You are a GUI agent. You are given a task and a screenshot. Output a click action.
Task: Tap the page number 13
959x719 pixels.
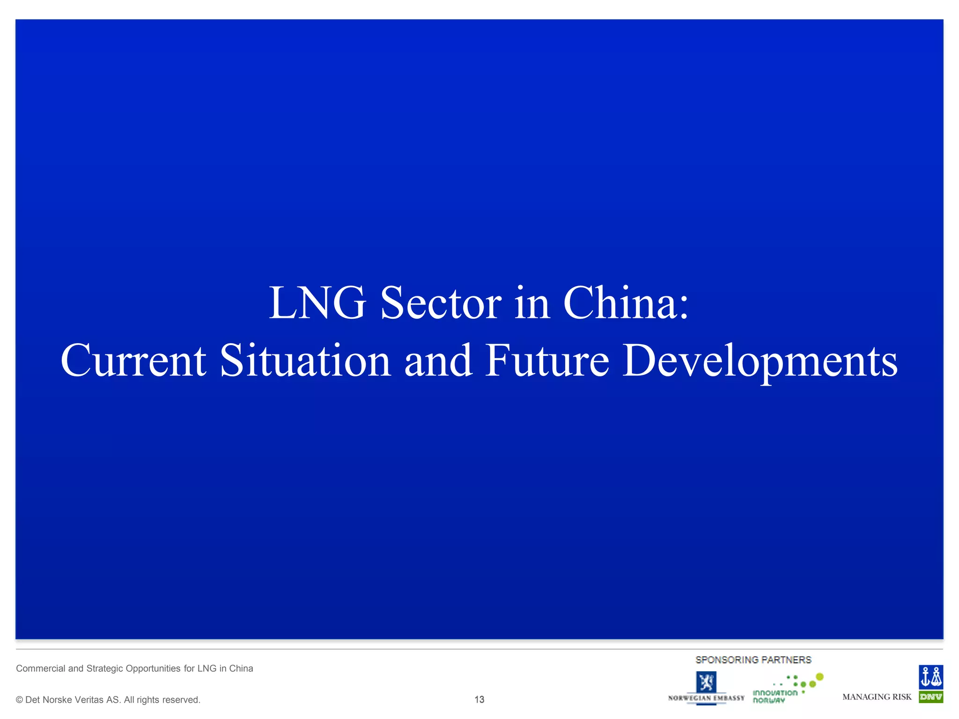point(479,699)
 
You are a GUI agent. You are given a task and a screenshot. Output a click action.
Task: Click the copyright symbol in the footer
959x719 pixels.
point(19,700)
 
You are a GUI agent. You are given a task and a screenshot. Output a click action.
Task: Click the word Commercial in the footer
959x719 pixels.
point(41,668)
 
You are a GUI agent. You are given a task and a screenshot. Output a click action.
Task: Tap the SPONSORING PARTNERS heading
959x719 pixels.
point(753,660)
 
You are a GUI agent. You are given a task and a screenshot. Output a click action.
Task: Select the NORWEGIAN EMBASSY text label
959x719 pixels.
point(706,698)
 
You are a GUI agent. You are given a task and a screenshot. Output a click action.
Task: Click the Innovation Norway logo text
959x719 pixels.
point(775,697)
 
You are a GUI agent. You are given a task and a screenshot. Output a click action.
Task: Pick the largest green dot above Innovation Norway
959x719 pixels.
point(819,676)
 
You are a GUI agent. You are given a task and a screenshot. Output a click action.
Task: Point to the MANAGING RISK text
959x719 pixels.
point(877,697)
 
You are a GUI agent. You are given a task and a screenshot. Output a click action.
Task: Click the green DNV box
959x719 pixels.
point(931,697)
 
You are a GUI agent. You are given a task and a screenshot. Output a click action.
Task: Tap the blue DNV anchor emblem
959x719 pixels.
point(931,677)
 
